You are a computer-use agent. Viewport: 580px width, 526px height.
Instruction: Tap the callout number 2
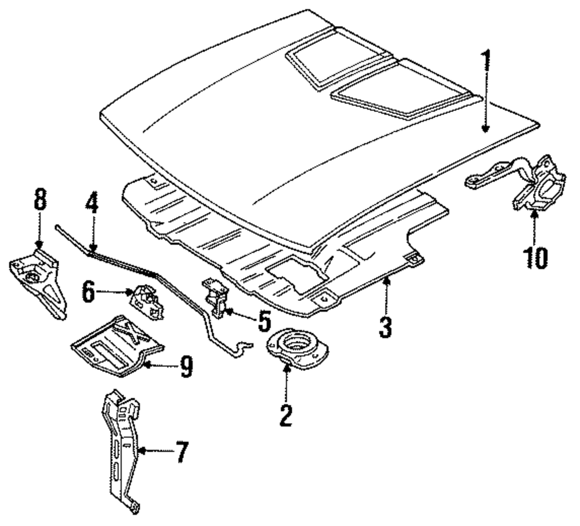tap(286, 416)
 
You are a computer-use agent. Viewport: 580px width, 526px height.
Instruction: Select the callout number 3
tap(386, 326)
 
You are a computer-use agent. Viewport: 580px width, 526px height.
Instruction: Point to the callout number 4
tap(92, 203)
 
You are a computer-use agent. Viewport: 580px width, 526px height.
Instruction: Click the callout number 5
tap(264, 320)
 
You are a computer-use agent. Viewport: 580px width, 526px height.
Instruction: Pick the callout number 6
tap(88, 292)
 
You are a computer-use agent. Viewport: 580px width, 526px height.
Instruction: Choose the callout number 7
tap(181, 452)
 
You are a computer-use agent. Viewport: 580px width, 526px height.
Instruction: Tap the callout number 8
tap(40, 200)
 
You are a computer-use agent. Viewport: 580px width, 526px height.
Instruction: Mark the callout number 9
tap(186, 366)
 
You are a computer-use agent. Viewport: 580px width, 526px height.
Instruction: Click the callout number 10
tap(535, 258)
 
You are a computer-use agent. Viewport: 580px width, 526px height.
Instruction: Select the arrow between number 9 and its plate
tap(160, 365)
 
